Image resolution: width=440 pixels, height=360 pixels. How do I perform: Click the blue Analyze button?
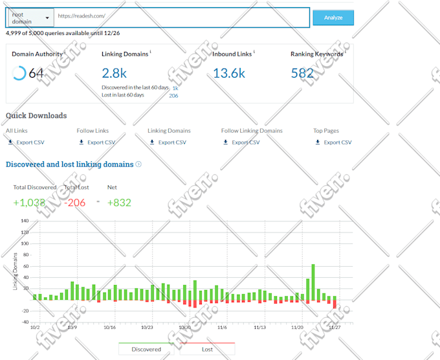tap(333, 17)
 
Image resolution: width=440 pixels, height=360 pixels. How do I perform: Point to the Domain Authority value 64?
tap(36, 73)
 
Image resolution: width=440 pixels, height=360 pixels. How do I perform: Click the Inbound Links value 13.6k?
tap(228, 73)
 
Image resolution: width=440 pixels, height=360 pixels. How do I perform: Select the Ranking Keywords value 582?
tap(302, 73)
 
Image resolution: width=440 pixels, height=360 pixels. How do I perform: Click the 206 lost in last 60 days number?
tap(173, 95)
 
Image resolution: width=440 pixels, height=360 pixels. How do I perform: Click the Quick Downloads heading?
tap(36, 116)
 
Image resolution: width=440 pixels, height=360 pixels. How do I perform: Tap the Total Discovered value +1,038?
tap(29, 203)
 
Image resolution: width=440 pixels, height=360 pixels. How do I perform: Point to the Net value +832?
tap(119, 203)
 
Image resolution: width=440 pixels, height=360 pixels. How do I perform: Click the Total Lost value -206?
tap(76, 203)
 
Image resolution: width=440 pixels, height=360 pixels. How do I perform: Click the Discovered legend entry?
tap(146, 349)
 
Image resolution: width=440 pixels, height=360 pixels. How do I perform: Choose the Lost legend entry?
tap(207, 349)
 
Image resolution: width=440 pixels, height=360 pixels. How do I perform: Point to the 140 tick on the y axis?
tap(25, 221)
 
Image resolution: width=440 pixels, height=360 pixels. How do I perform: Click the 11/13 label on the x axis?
tap(260, 328)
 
